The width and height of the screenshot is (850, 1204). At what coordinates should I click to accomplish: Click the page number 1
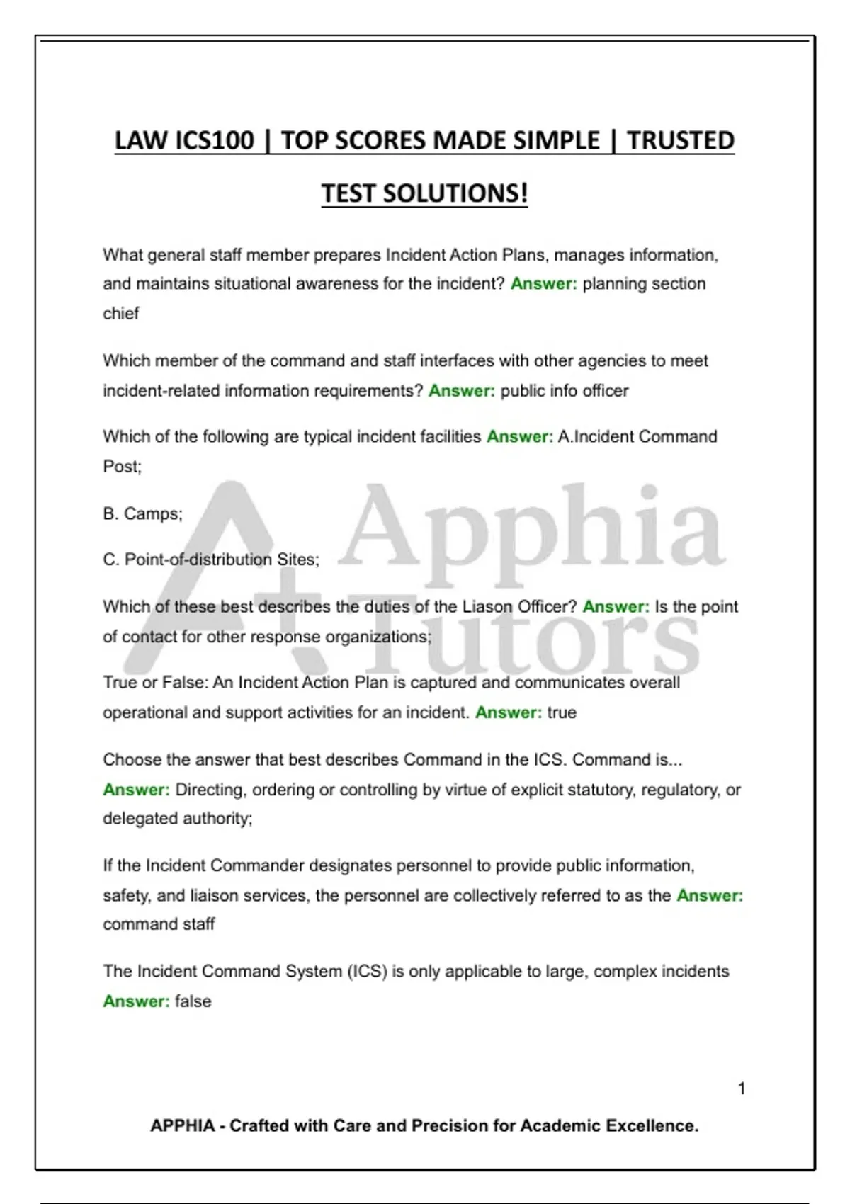click(x=742, y=1089)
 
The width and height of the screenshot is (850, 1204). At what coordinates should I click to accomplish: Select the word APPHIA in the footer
click(x=182, y=1125)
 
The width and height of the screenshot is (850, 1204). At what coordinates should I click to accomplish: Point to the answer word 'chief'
click(x=121, y=314)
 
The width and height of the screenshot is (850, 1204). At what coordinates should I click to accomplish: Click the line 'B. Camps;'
click(x=143, y=513)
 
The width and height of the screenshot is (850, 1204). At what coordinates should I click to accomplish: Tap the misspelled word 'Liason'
click(x=488, y=607)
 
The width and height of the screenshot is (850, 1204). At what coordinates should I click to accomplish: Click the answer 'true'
click(x=562, y=712)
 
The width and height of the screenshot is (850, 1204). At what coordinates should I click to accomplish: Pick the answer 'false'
click(x=193, y=1001)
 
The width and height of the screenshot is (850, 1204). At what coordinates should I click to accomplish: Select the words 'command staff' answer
click(x=159, y=924)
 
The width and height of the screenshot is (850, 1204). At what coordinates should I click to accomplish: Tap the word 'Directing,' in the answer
click(x=211, y=790)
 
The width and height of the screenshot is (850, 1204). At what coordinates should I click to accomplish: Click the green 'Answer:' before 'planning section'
click(x=544, y=284)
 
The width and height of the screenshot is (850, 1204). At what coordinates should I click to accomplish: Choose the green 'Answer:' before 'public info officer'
click(x=462, y=391)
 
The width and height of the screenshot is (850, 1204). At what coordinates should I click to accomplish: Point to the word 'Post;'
click(x=123, y=467)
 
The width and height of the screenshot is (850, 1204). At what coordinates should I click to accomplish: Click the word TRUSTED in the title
click(x=681, y=140)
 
